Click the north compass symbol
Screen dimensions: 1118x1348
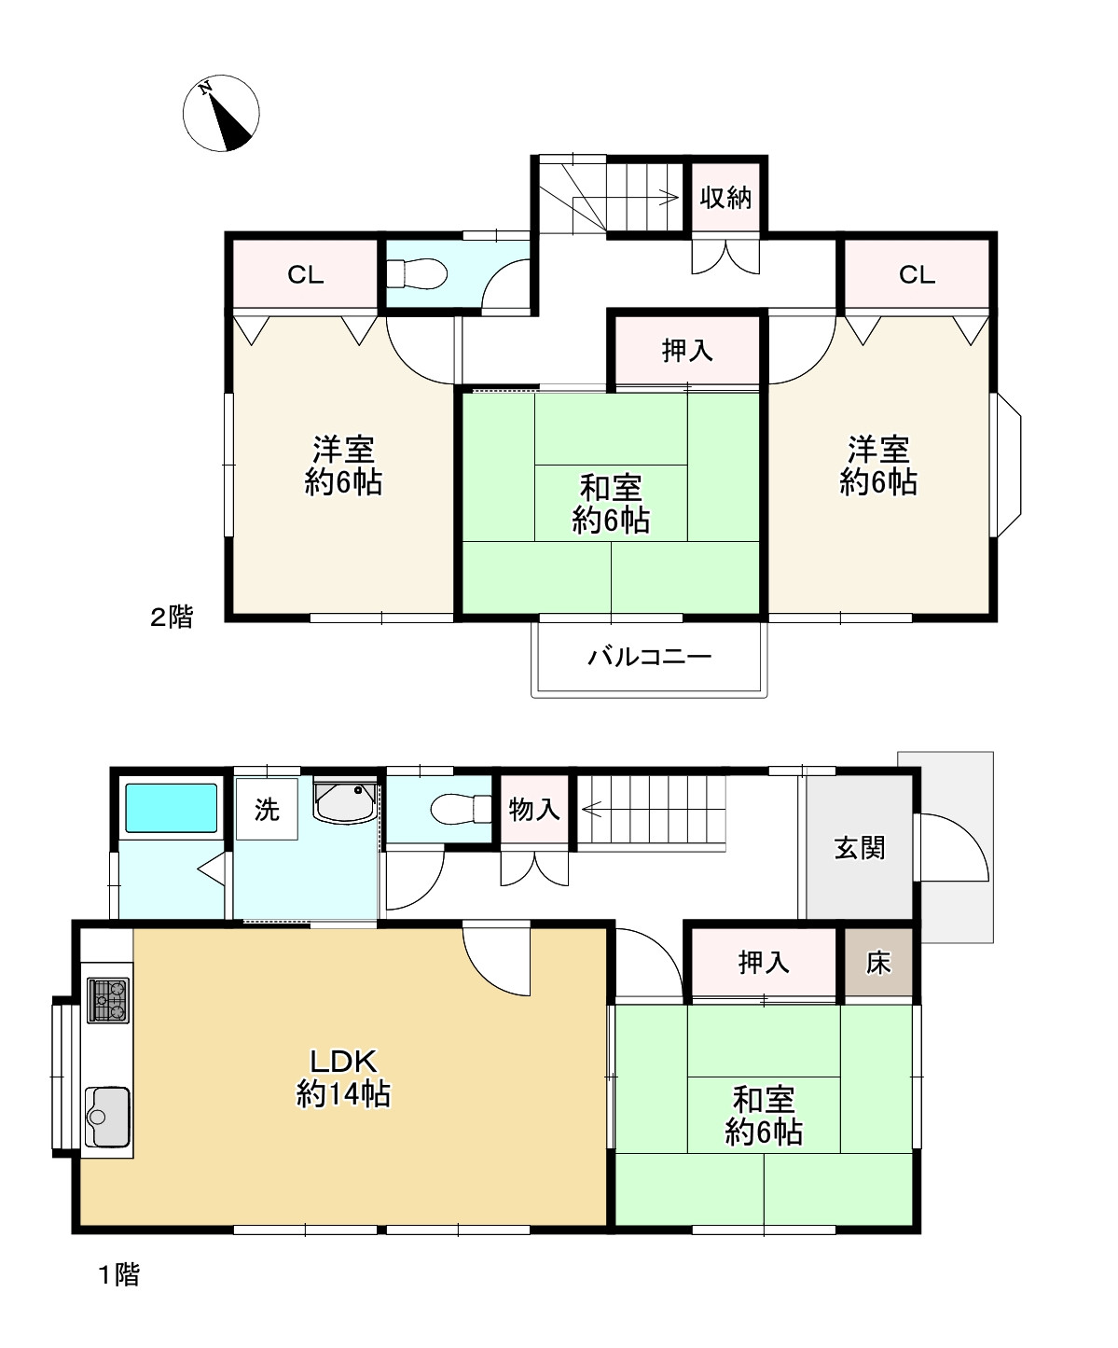[221, 114]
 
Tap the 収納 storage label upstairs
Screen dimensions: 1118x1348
[725, 198]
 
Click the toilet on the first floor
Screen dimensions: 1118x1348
[461, 809]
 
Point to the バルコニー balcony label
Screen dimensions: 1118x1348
[649, 658]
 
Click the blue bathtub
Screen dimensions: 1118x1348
[171, 808]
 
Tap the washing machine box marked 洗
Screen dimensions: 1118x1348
[267, 809]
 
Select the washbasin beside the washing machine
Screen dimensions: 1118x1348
[345, 800]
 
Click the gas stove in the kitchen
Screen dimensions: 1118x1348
[108, 1000]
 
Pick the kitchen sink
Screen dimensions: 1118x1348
[108, 1118]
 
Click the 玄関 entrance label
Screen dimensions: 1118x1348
[859, 848]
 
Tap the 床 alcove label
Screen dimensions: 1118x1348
[878, 963]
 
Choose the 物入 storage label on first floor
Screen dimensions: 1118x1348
[534, 809]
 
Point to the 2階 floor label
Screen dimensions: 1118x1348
[172, 618]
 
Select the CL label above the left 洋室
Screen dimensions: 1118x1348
[305, 275]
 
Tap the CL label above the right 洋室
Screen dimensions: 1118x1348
[917, 275]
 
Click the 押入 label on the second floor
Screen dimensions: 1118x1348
[687, 351]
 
